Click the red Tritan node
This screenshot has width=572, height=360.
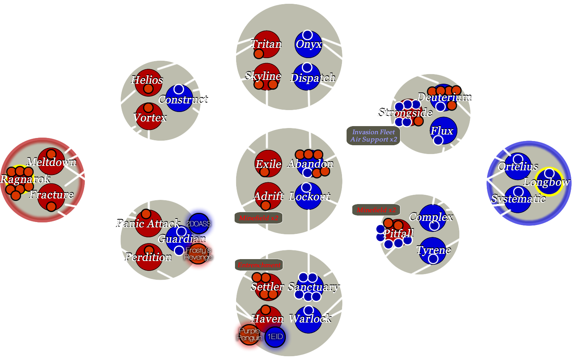coord(266,44)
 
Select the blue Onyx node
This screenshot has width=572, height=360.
coord(308,44)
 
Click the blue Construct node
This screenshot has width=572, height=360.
coord(179,98)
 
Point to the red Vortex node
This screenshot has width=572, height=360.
coord(149,116)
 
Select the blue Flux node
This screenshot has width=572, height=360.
coord(443,131)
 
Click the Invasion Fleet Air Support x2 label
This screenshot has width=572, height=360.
coord(373,136)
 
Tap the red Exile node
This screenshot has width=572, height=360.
coord(268,164)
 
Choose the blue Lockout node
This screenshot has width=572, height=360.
coord(308,196)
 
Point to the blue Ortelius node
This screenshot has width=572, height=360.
coord(518,166)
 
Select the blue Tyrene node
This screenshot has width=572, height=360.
coord(433,251)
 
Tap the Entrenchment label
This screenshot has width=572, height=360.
coord(259,265)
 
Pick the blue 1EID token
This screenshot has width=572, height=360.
coord(275,337)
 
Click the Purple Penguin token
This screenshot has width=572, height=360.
coord(249,334)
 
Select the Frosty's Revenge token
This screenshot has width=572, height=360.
coord(198,254)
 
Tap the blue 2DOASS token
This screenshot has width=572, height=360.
coord(199,224)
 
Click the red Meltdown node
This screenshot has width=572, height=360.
coord(51,161)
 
